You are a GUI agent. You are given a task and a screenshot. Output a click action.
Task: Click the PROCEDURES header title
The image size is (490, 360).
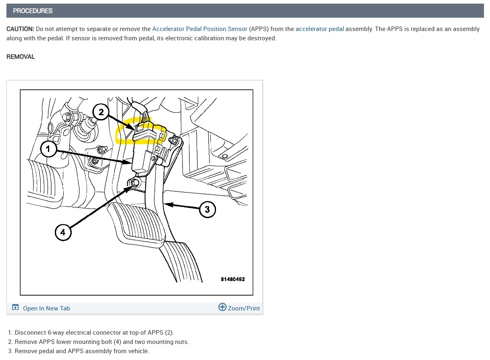tap(33, 11)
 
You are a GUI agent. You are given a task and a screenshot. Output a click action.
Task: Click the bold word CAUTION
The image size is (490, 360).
tap(20, 29)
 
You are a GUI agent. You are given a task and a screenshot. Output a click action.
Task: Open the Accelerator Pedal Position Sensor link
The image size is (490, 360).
tap(200, 29)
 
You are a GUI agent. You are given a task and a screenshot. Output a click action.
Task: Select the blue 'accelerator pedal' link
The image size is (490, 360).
tap(320, 29)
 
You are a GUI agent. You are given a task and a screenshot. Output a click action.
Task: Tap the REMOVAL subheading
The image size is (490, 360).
tap(21, 57)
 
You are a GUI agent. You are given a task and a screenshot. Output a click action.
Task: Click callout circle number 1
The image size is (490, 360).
tap(49, 149)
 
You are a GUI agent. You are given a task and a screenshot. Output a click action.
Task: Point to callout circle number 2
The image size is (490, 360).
tap(101, 112)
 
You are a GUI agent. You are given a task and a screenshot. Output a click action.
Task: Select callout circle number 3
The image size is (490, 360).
tap(208, 209)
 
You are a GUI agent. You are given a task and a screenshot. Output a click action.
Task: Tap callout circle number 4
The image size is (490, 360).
tap(63, 232)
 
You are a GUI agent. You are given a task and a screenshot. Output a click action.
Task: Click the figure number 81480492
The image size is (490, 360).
tap(233, 279)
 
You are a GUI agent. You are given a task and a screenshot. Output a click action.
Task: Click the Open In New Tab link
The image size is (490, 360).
tap(46, 308)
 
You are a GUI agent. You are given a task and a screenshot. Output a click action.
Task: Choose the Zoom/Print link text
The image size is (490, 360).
tap(244, 308)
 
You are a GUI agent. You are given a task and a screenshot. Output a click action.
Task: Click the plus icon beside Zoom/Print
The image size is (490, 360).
tap(222, 307)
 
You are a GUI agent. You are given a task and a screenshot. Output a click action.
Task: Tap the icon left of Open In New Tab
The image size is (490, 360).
tap(15, 307)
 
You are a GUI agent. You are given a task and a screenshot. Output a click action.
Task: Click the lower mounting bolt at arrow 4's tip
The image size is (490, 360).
tap(135, 183)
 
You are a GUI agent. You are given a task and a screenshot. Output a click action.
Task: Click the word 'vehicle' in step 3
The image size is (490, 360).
tap(138, 351)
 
